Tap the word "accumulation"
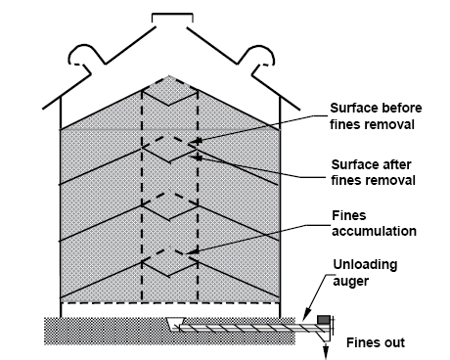click(374, 231)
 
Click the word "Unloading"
click(365, 265)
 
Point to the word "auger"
click(350, 281)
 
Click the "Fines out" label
click(376, 342)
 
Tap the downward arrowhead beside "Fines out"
click(326, 354)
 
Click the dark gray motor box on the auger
click(324, 319)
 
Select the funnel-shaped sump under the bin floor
click(175, 323)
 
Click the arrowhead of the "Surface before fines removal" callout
click(195, 142)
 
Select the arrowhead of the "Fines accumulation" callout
click(194, 251)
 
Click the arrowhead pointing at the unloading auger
click(306, 315)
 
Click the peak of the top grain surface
click(168, 76)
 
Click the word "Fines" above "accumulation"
click(349, 215)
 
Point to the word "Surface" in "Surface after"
click(355, 164)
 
